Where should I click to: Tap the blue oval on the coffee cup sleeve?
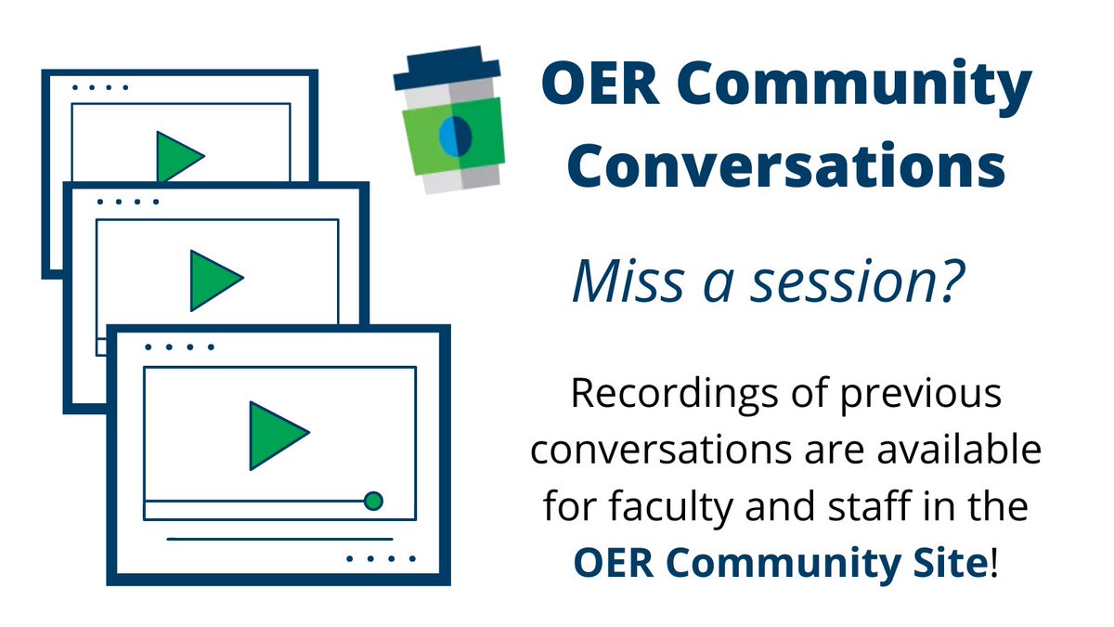click(453, 137)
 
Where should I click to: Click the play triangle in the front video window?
click(277, 435)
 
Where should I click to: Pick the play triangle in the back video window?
click(176, 156)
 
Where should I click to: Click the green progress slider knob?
click(373, 502)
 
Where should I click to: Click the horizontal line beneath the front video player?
click(279, 538)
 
